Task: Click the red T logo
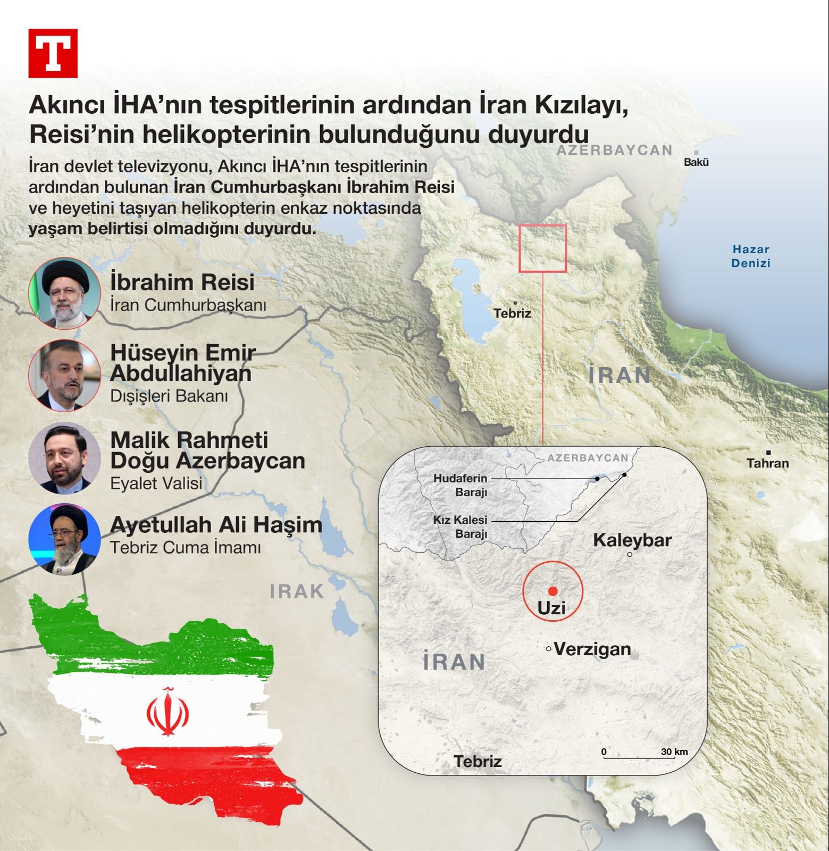(53, 53)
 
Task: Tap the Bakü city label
(696, 162)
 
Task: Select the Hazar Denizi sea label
(750, 256)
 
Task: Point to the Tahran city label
(767, 463)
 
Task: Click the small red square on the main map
(542, 248)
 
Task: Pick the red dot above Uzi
(553, 591)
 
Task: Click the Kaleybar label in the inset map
(632, 540)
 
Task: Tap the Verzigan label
(592, 649)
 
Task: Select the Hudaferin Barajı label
(460, 485)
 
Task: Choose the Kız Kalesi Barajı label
(460, 527)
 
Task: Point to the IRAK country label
(297, 591)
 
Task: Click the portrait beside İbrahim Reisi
(64, 294)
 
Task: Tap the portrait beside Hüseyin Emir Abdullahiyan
(64, 376)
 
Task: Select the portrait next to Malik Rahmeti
(64, 458)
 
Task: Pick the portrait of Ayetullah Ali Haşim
(64, 540)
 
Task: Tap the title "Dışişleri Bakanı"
(169, 396)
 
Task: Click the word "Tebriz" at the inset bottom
(478, 761)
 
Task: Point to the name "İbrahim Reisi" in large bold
(182, 282)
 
